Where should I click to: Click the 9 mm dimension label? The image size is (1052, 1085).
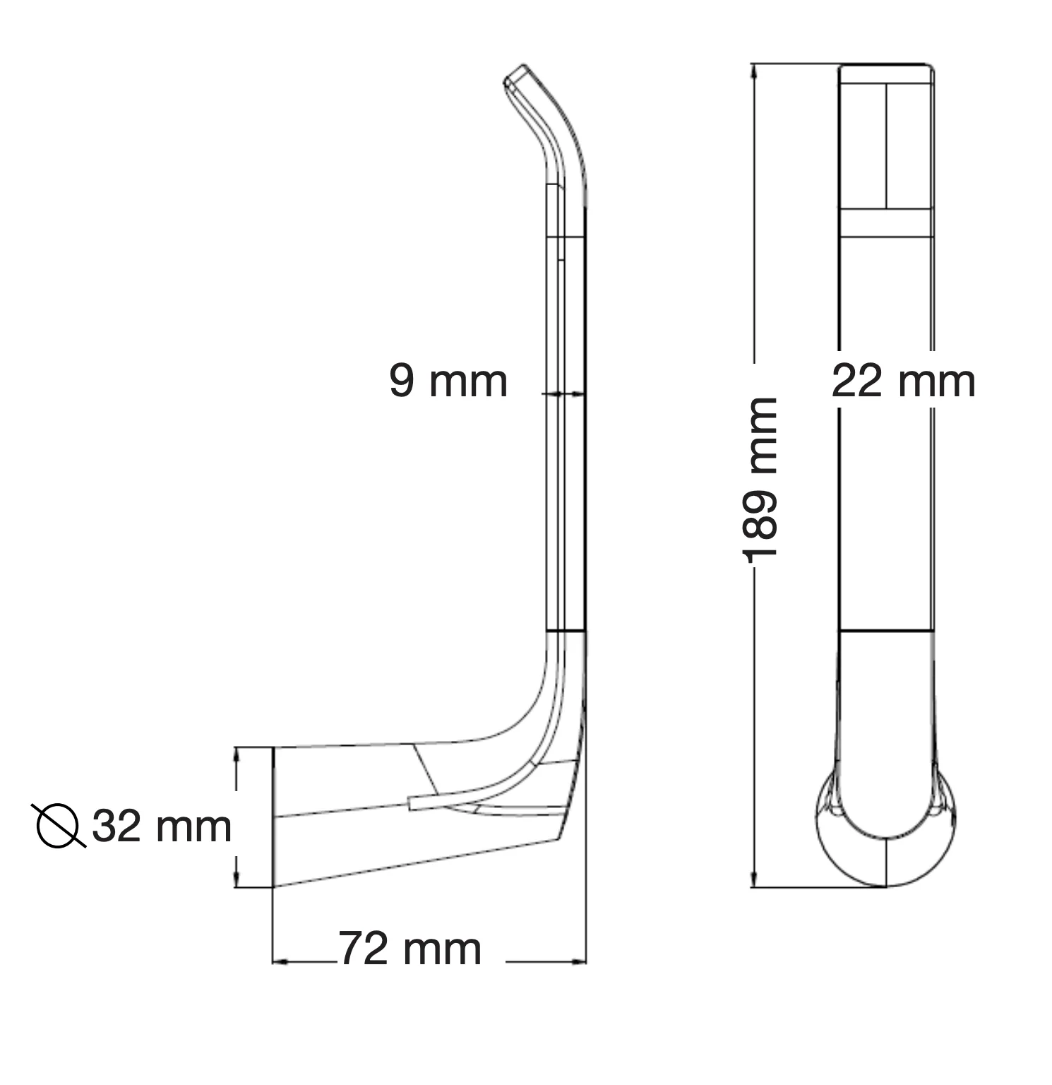coord(448,381)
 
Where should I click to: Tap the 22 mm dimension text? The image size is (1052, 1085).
coord(904,381)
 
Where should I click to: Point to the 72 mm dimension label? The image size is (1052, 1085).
coord(410,949)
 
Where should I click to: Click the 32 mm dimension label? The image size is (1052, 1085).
coord(162,826)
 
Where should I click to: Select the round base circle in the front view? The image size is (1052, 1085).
coord(886,830)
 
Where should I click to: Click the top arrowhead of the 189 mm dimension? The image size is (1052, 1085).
coord(755,71)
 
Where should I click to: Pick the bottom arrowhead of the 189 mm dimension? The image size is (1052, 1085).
coord(755,880)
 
